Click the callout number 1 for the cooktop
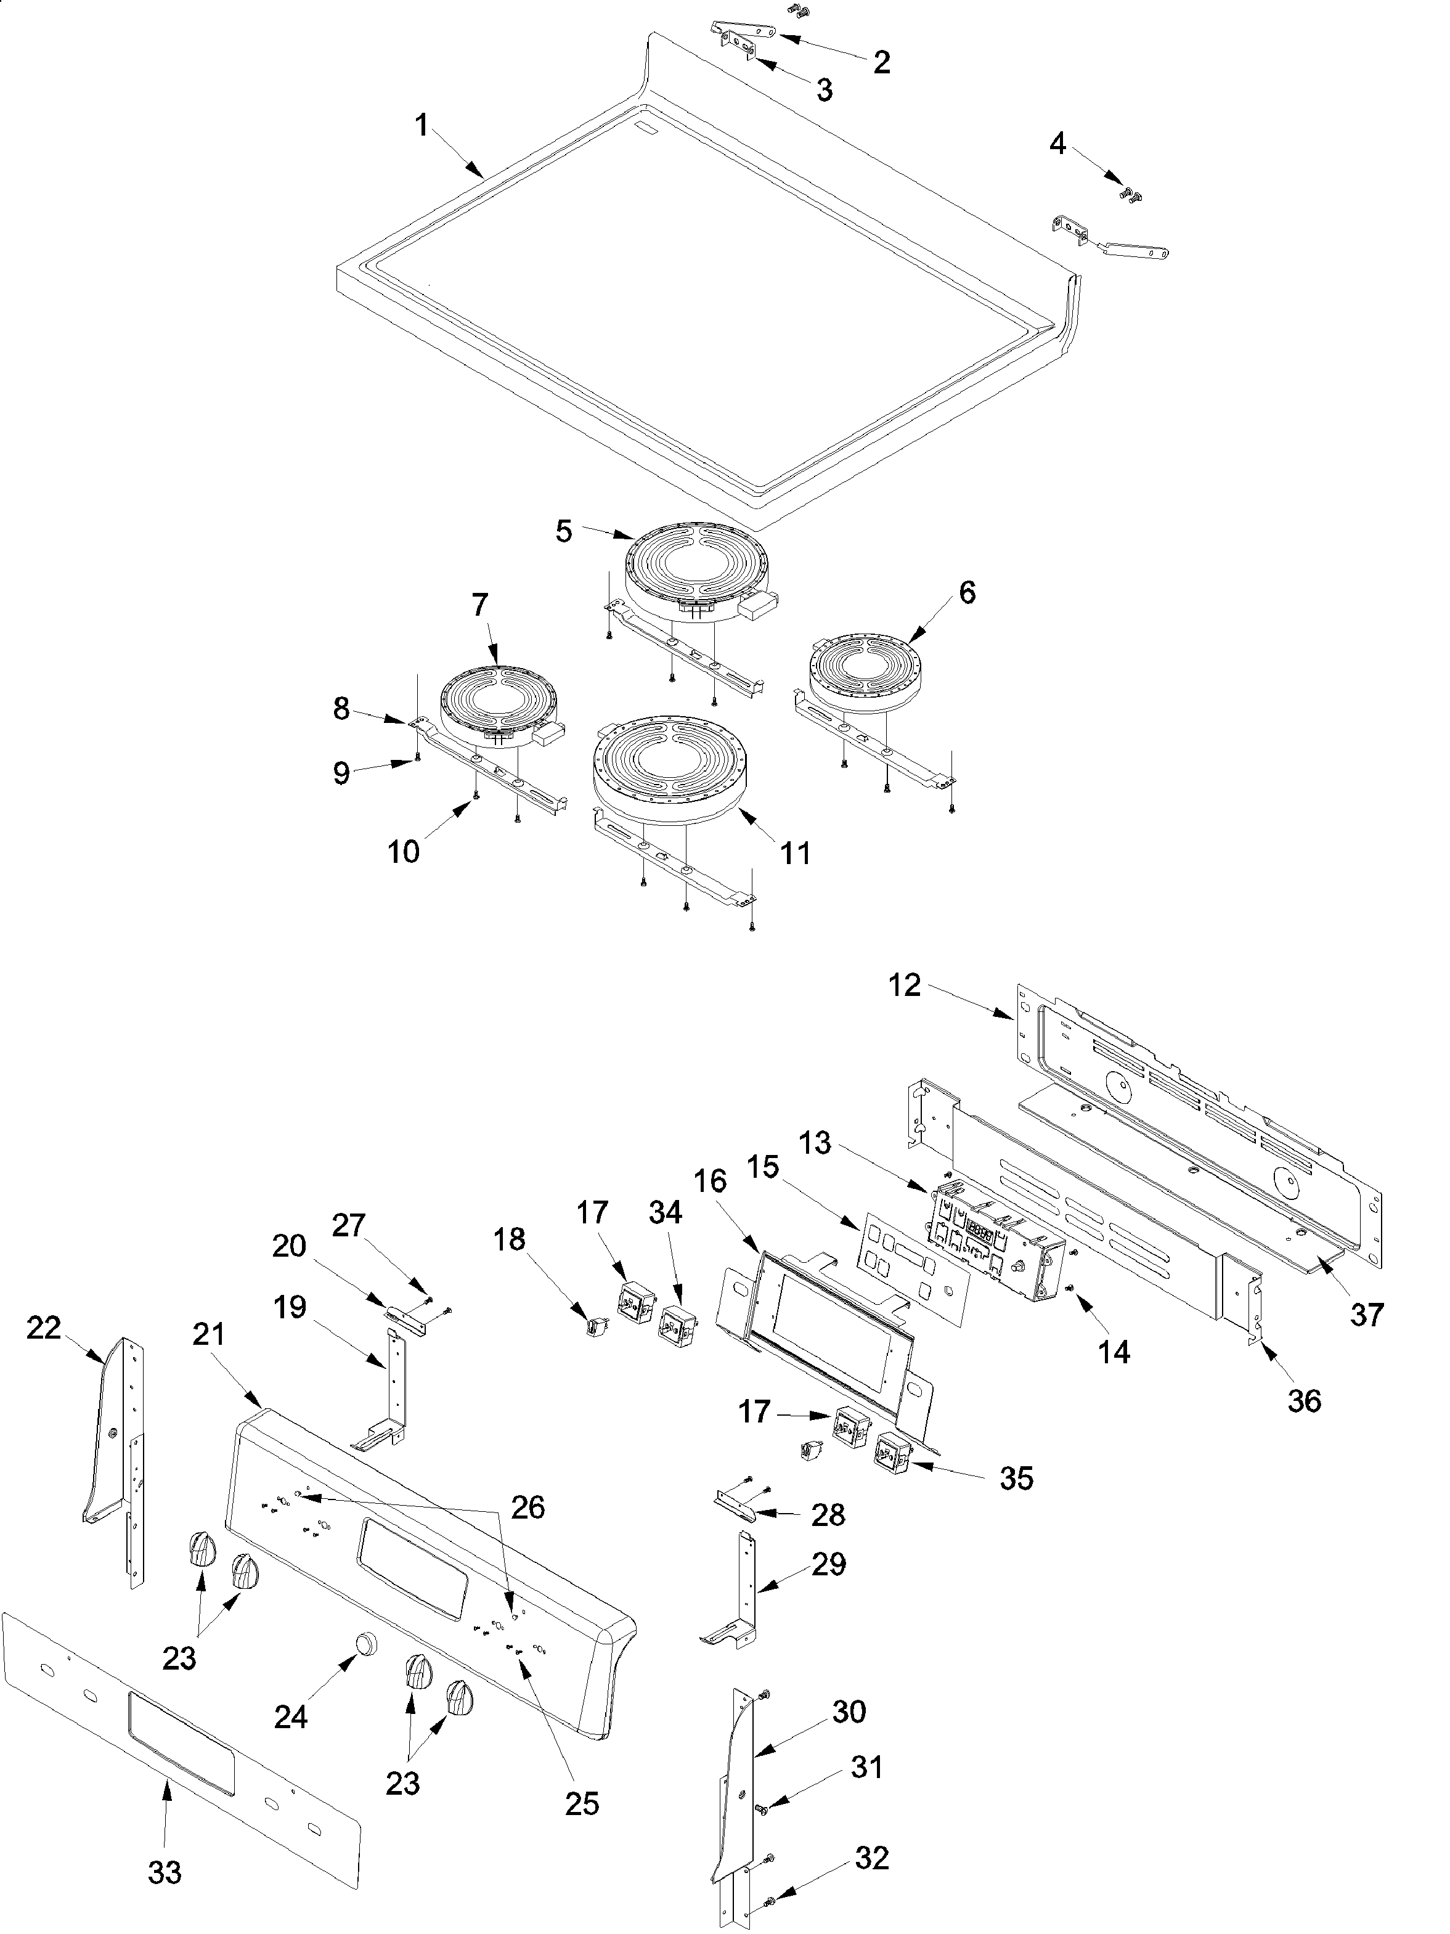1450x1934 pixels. (x=422, y=127)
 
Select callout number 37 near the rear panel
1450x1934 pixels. (x=1366, y=1314)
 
